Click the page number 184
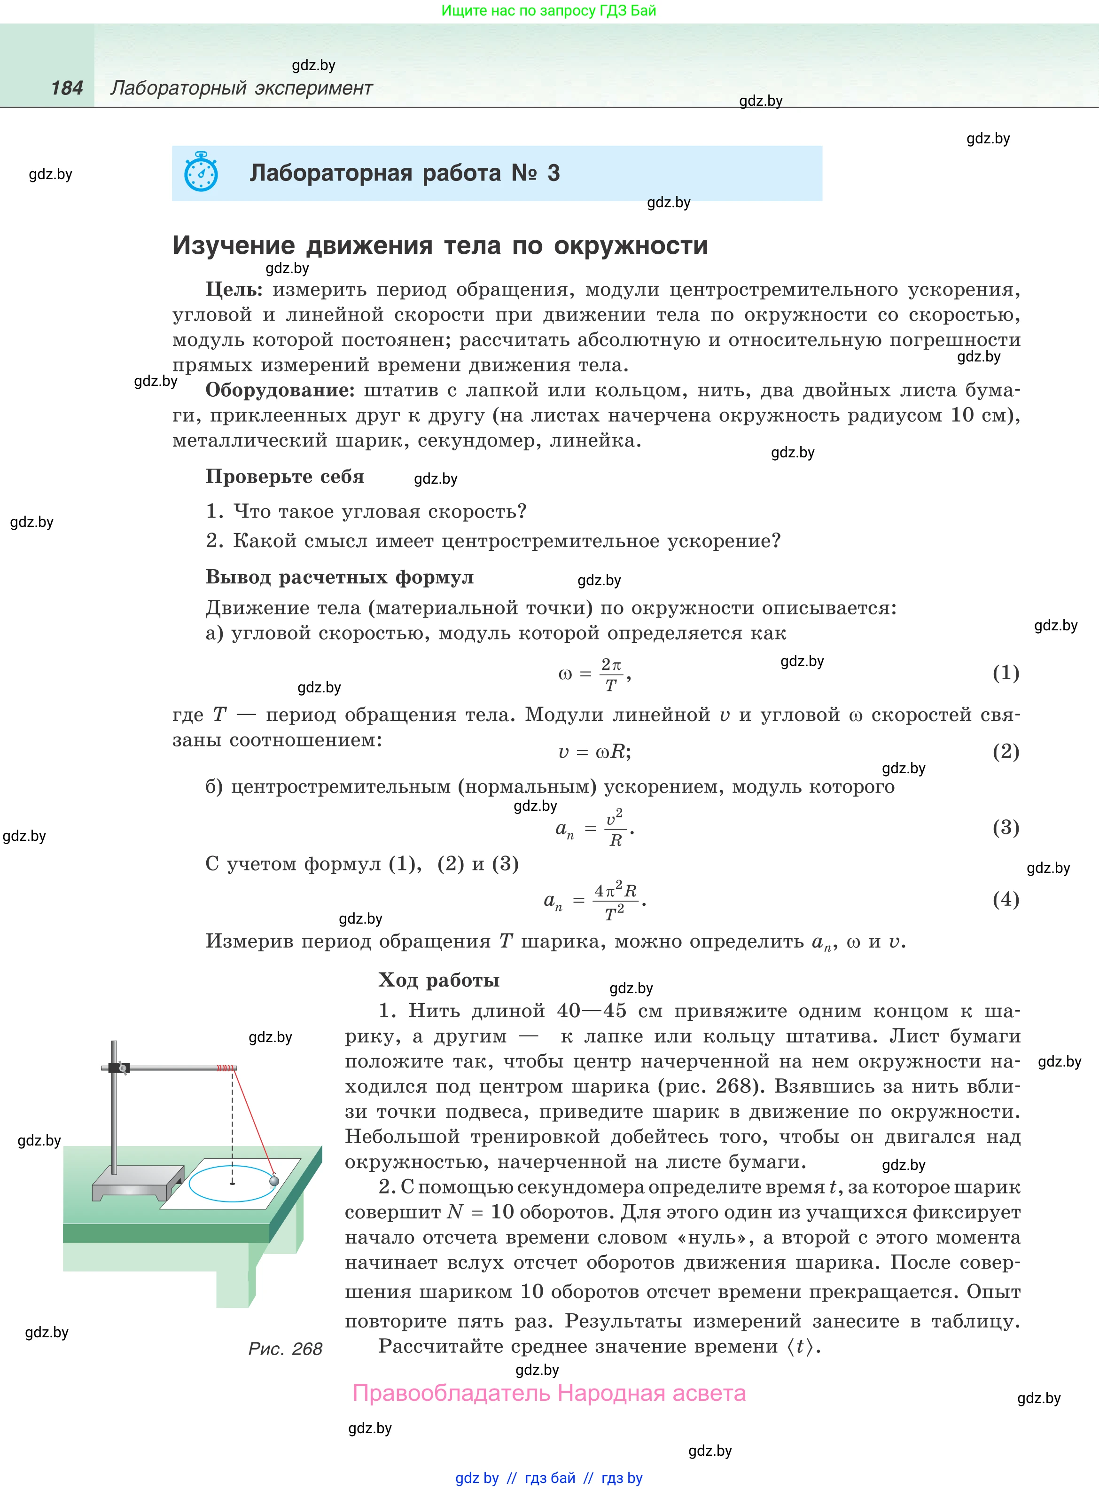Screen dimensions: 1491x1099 point(67,88)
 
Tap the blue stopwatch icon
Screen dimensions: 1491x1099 point(201,173)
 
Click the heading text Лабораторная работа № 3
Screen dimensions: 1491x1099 point(405,173)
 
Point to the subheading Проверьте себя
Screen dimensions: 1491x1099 point(285,476)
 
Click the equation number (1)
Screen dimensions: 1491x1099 point(1005,673)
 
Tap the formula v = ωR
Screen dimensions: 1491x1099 point(594,752)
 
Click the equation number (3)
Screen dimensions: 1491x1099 point(1005,828)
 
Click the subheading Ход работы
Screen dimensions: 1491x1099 point(438,980)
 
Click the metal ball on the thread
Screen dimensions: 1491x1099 point(273,1180)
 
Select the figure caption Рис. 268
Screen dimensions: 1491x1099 point(285,1349)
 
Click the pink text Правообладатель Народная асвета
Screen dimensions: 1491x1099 point(549,1393)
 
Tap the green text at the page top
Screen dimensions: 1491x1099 point(548,11)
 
